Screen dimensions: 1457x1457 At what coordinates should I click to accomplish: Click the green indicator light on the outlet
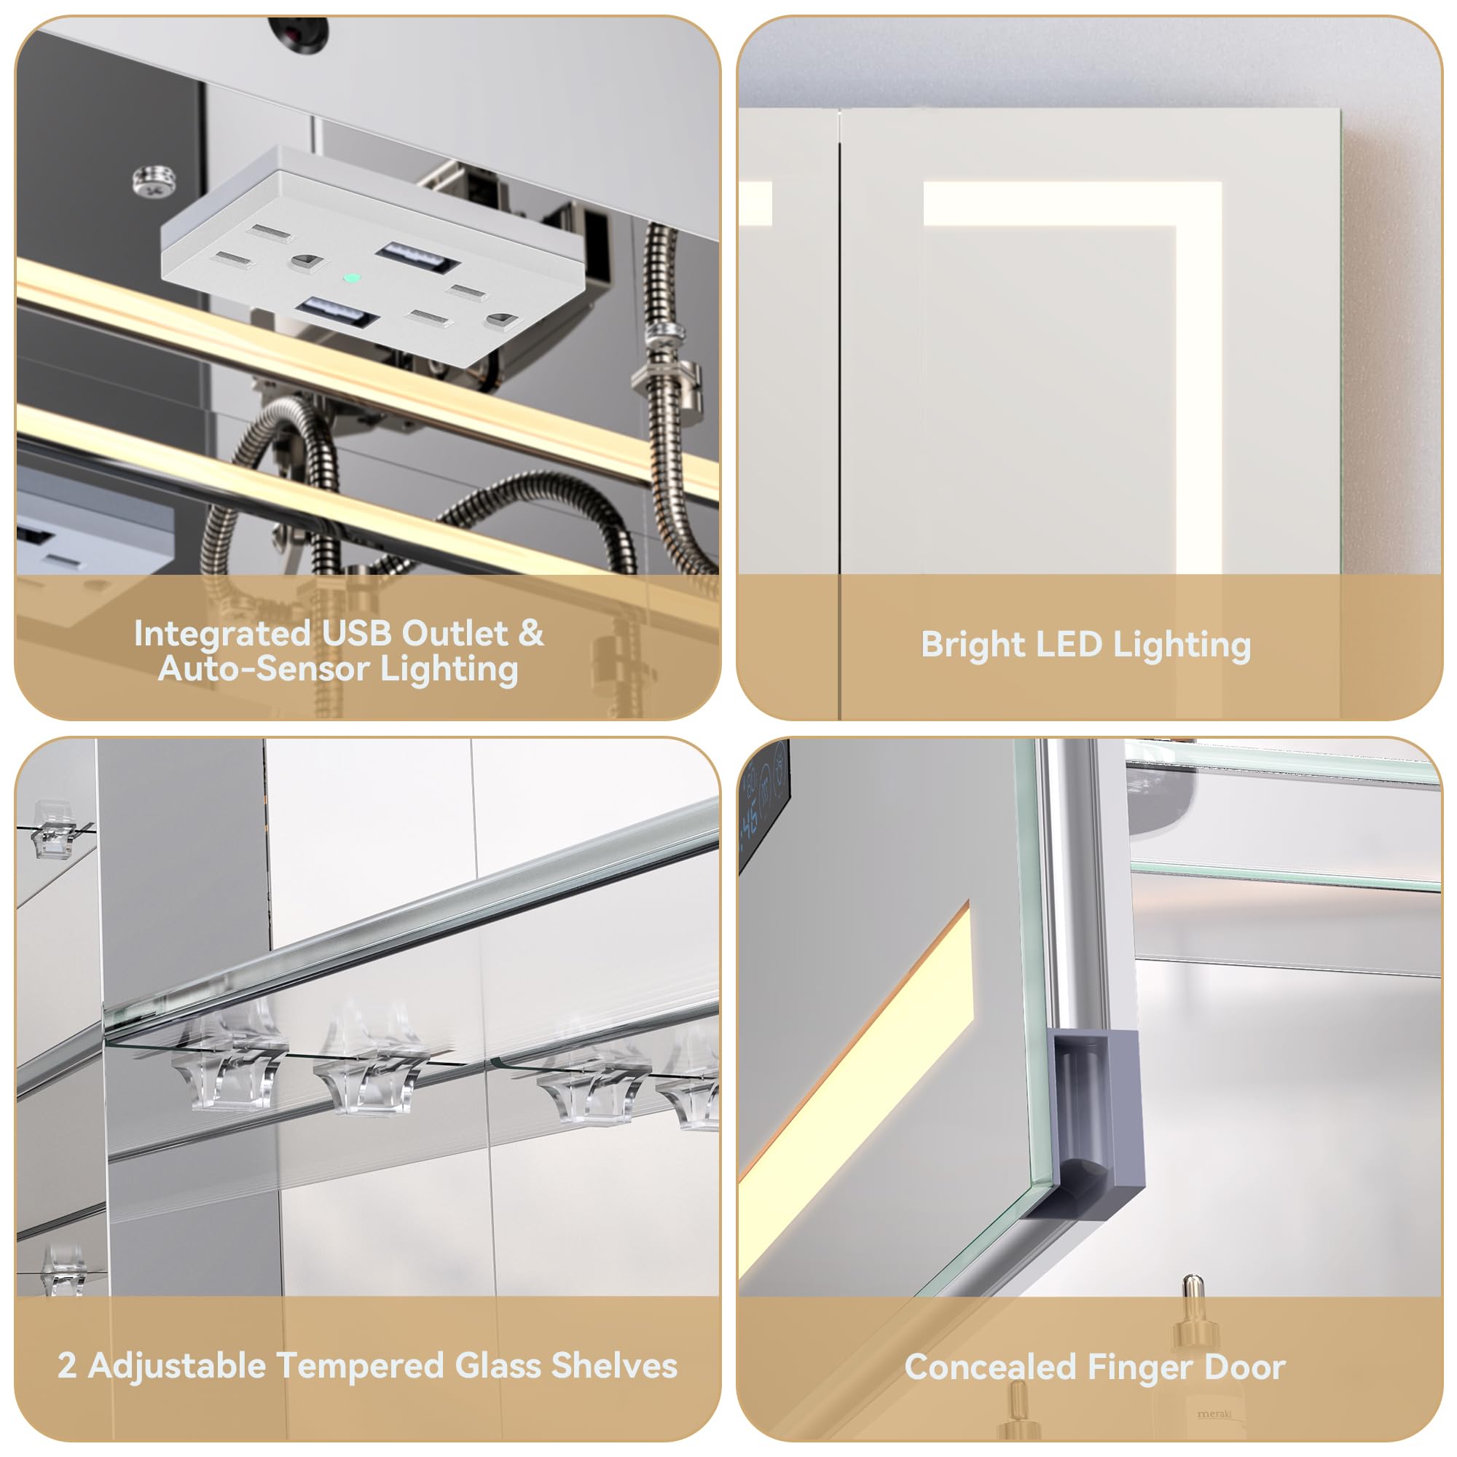tap(350, 278)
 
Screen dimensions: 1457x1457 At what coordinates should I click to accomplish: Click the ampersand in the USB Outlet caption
tap(531, 633)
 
